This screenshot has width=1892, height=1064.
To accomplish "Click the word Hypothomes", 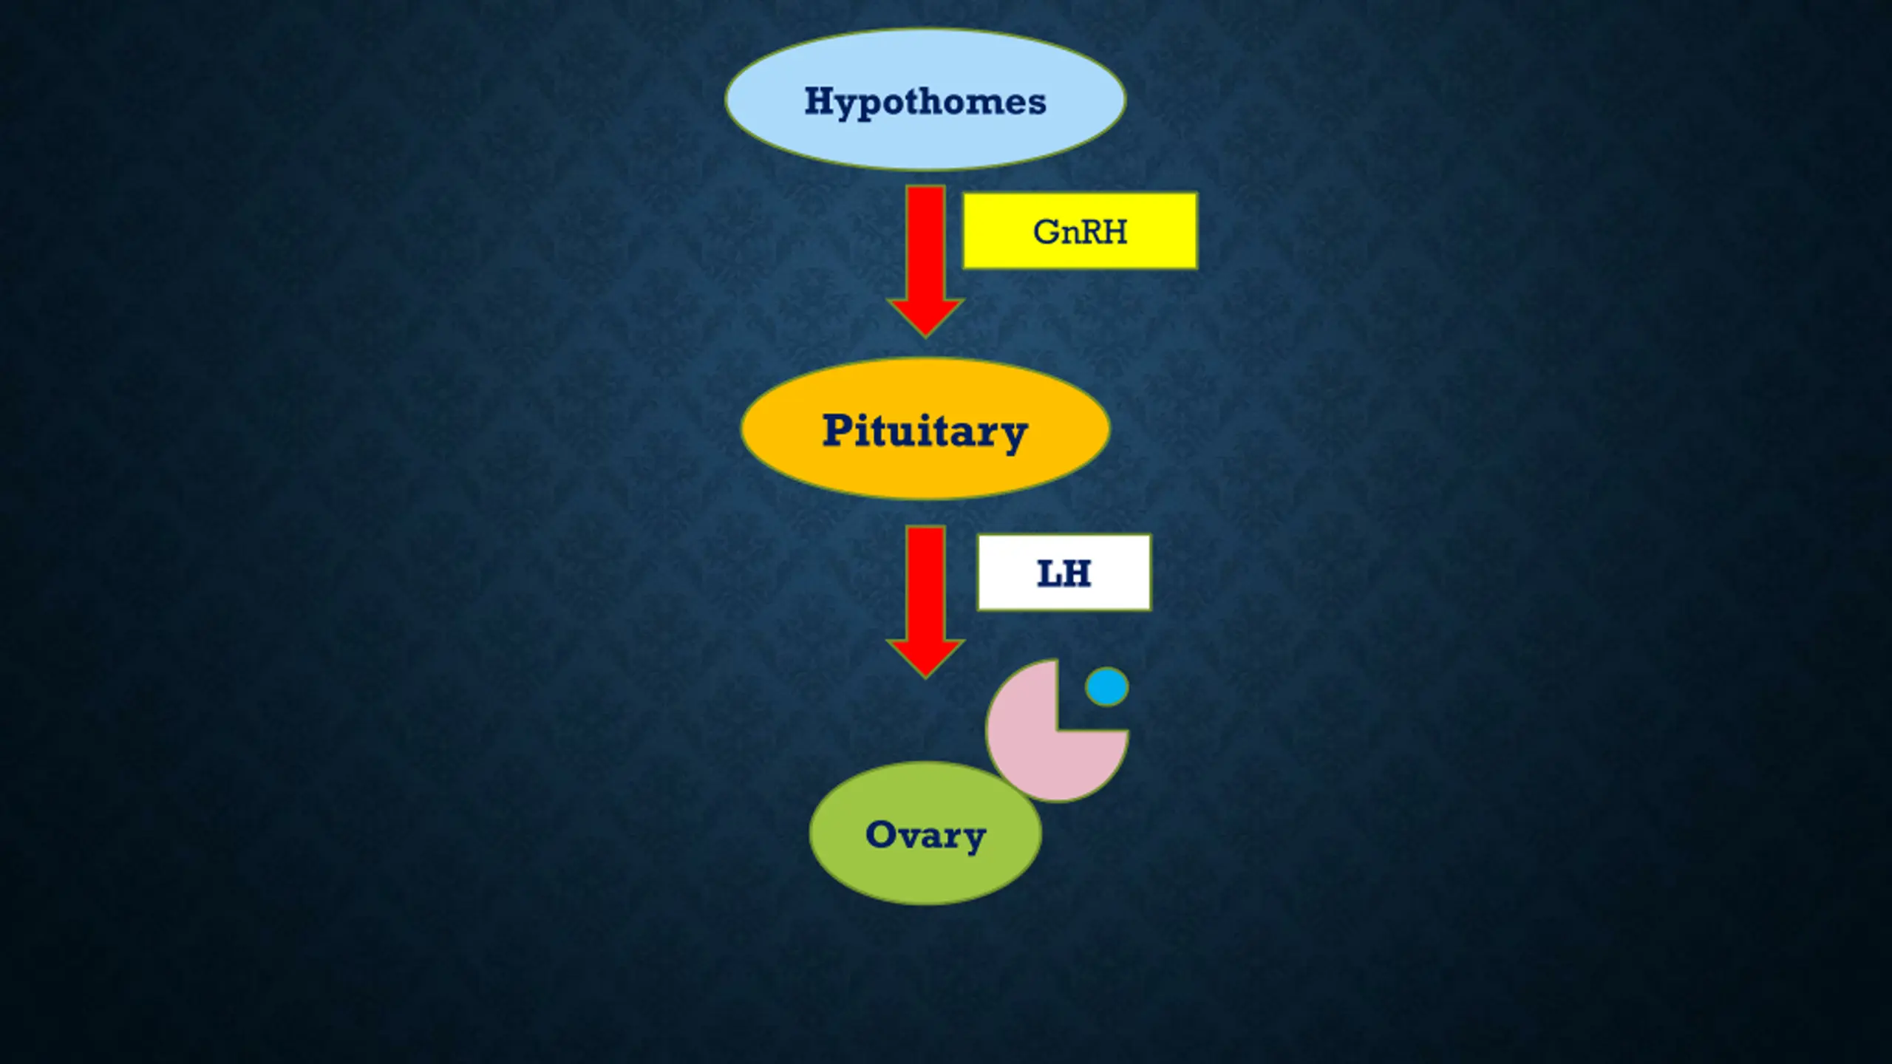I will [x=925, y=101].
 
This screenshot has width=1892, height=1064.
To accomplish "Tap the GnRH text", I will [x=1080, y=231].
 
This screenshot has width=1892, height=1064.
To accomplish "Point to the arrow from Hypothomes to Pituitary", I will [x=925, y=251].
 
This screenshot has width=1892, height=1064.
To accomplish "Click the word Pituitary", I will [x=925, y=430].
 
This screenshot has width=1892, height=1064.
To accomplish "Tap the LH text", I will [x=1064, y=573].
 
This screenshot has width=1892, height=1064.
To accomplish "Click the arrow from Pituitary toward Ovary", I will [x=925, y=591].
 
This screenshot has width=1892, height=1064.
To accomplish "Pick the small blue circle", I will [x=1106, y=686].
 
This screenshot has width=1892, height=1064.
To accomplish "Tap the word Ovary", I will [x=925, y=835].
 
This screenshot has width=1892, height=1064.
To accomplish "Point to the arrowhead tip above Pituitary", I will [x=925, y=334].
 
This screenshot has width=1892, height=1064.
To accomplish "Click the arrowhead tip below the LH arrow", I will [x=925, y=674].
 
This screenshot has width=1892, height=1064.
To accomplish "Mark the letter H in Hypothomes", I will [x=820, y=100].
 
